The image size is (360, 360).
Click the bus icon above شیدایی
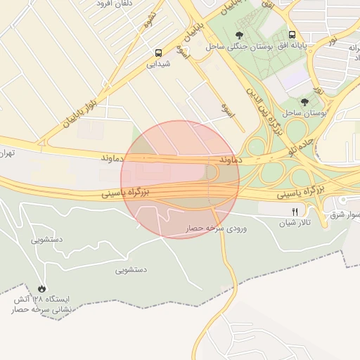159,53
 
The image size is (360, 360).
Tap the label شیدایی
159,64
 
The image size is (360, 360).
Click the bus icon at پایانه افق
292,34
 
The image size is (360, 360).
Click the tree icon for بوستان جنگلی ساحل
240,34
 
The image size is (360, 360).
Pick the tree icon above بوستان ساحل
304,102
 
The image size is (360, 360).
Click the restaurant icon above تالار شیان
295,210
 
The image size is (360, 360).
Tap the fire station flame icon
43,288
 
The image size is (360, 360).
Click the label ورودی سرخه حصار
214,229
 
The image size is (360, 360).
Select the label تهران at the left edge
7,153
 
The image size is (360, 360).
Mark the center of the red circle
180,179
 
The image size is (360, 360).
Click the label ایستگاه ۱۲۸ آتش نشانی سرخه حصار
44,304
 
